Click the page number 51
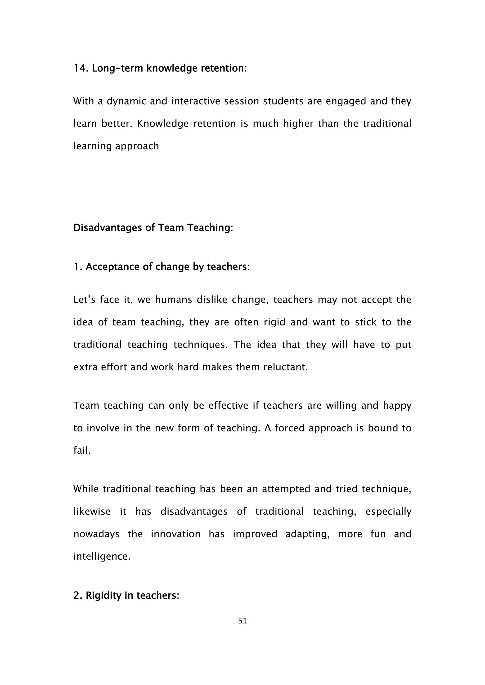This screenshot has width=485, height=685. [x=242, y=621]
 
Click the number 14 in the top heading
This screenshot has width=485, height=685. [x=80, y=68]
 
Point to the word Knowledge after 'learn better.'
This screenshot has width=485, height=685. [x=163, y=123]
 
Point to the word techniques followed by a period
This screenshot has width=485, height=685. [x=200, y=345]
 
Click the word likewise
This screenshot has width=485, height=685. [x=92, y=511]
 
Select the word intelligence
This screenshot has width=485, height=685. [x=102, y=556]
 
